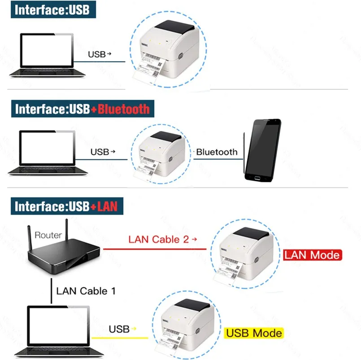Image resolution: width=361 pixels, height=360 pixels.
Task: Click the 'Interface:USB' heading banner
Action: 53,9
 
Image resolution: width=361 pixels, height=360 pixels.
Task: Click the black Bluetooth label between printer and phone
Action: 217,152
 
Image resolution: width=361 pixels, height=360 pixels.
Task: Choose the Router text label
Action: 48,235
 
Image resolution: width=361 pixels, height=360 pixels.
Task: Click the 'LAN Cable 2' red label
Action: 159,239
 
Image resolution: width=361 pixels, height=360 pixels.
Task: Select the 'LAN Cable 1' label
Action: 86,291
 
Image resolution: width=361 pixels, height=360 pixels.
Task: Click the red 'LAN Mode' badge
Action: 312,255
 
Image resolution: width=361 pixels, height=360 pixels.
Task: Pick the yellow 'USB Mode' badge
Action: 254,333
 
